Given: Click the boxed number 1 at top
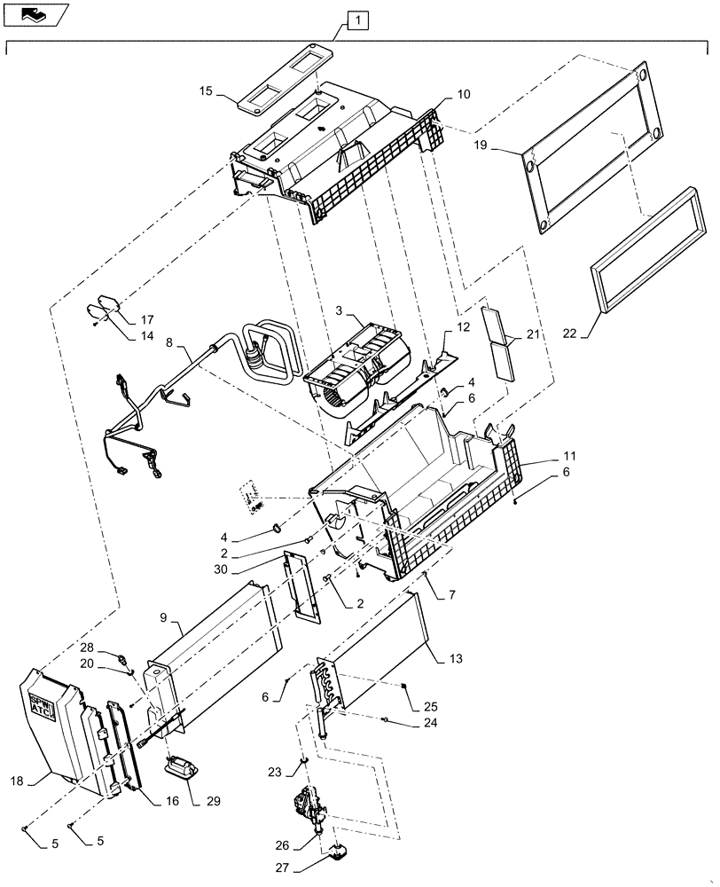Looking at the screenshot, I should pyautogui.click(x=356, y=19).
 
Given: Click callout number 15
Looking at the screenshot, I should pyautogui.click(x=205, y=90).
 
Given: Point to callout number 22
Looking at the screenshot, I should pyautogui.click(x=568, y=334).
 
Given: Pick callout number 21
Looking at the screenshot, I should pyautogui.click(x=531, y=334).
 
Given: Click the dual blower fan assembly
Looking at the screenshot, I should pyautogui.click(x=355, y=368).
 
